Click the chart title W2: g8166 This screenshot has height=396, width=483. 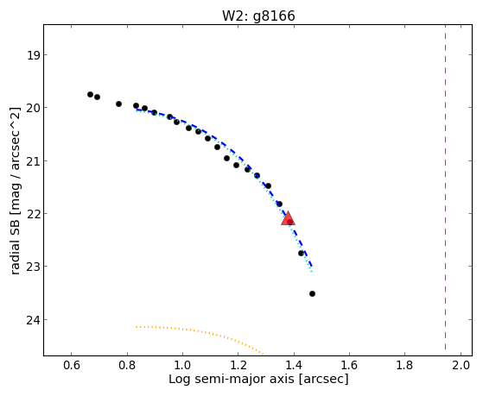(x=258, y=16)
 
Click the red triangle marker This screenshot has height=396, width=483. (x=288, y=218)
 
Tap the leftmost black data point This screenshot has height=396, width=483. (x=90, y=94)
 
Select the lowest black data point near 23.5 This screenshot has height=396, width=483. (x=312, y=294)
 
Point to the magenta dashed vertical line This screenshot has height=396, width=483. (x=446, y=187)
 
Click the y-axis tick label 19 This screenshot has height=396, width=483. (x=33, y=56)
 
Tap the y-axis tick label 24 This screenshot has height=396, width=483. (x=33, y=320)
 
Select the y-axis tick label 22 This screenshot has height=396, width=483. (x=33, y=214)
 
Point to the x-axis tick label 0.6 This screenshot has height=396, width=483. (x=72, y=365)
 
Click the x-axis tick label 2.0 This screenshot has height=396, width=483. (x=461, y=365)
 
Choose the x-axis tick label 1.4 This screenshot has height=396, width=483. (x=294, y=365)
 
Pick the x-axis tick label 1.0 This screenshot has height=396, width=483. (x=182, y=365)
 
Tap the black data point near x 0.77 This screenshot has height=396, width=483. (x=118, y=104)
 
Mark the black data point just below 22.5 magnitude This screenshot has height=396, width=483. (x=301, y=254)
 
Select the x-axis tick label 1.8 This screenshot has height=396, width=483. (x=404, y=365)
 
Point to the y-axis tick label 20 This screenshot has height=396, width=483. (x=33, y=108)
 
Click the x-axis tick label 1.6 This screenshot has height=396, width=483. (x=350, y=365)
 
